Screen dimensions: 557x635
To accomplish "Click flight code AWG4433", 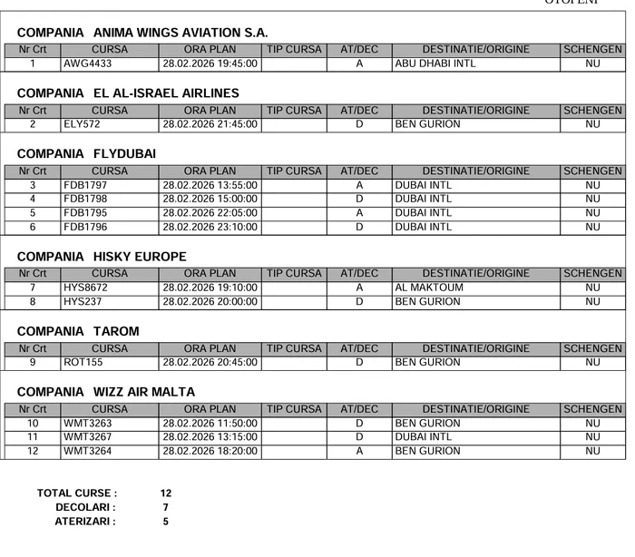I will pyautogui.click(x=88, y=64).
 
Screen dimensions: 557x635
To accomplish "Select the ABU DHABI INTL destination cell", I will pyautogui.click(x=435, y=64).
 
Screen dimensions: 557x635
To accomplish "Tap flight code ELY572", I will pyautogui.click(x=82, y=125).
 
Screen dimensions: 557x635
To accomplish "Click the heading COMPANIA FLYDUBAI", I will pyautogui.click(x=86, y=154).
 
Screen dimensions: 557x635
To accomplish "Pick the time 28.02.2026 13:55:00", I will pyautogui.click(x=210, y=186).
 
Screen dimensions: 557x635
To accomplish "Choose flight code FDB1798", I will pyautogui.click(x=85, y=200).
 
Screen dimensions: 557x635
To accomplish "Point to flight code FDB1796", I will pyautogui.click(x=85, y=227).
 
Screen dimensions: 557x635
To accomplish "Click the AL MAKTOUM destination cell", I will pyautogui.click(x=429, y=288).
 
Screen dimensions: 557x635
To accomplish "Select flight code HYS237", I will pyautogui.click(x=83, y=301).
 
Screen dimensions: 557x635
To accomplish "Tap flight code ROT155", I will pyautogui.click(x=83, y=363).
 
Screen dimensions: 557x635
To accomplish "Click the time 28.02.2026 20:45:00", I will pyautogui.click(x=210, y=363).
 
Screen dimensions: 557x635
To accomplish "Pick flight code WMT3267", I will pyautogui.click(x=87, y=437).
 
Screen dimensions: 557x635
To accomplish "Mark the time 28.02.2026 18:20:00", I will pyautogui.click(x=210, y=451).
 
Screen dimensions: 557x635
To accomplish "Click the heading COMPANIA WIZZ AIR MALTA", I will pyautogui.click(x=105, y=392).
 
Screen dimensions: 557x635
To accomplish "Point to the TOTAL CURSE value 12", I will pyautogui.click(x=166, y=493).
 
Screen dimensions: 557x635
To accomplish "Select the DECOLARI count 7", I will pyautogui.click(x=166, y=508).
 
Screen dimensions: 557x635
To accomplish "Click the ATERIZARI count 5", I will pyautogui.click(x=166, y=522).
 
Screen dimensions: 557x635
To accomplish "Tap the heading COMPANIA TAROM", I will pyautogui.click(x=78, y=332).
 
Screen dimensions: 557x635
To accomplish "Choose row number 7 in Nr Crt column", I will pyautogui.click(x=33, y=288).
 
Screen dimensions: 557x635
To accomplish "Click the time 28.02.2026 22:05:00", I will pyautogui.click(x=210, y=213).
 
